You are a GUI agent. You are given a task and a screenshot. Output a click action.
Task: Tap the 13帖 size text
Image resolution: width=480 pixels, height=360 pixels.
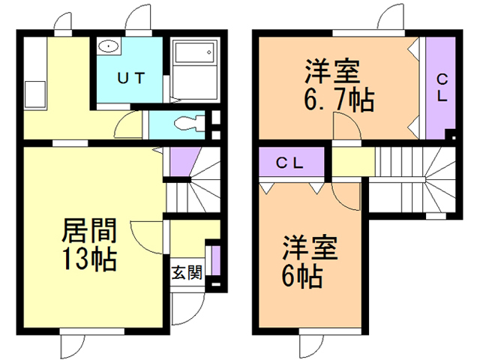coord(88,259)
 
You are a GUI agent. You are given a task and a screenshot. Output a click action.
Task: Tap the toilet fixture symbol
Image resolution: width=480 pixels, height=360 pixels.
coord(184,123)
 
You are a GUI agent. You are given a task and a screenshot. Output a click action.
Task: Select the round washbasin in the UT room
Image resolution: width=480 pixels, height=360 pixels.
coord(109,46)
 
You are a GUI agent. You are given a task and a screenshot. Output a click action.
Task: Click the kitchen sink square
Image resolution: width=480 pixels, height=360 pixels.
coord(34,95)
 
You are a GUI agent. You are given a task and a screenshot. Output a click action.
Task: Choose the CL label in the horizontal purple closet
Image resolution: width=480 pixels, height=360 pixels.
coord(291,163)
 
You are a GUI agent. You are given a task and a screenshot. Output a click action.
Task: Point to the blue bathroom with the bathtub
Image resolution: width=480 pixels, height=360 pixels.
coord(193,71)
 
